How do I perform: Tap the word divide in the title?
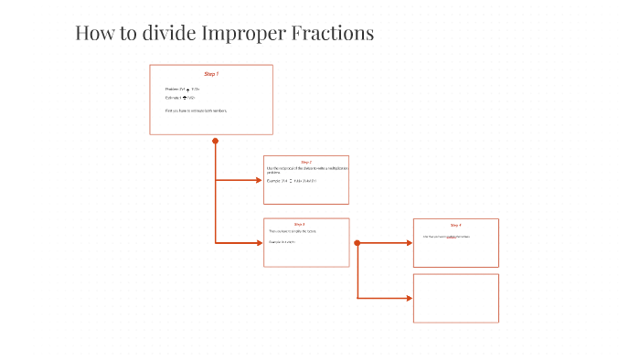tap(159, 34)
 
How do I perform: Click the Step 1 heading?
tap(211, 73)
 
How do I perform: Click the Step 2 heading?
tap(306, 162)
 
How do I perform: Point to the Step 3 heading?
tap(300, 224)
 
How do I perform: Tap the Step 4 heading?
tap(455, 225)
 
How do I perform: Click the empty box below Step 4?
tap(455, 298)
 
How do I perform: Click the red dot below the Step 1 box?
tap(216, 141)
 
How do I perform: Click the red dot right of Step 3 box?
tap(357, 243)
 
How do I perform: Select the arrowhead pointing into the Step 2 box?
tap(259, 180)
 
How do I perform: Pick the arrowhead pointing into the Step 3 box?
tap(259, 242)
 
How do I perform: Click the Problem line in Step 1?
tap(183, 89)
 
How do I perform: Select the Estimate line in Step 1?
tap(181, 97)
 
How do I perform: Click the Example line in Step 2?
tap(292, 181)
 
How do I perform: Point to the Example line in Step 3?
tap(282, 242)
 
